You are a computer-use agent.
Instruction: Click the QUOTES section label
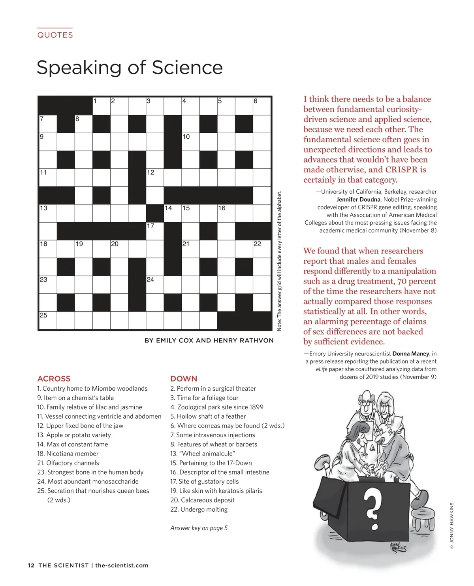coord(55,35)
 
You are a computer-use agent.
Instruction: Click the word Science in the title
coord(187,68)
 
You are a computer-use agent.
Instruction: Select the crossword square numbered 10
coord(190,142)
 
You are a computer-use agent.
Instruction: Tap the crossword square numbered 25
coord(48,320)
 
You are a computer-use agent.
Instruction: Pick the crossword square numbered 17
coord(155,231)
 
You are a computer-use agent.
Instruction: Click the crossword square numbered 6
coord(262,106)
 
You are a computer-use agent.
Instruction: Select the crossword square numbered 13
coord(48,213)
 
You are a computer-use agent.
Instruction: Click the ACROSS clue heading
coord(54,378)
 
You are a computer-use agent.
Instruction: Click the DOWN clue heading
coord(184,378)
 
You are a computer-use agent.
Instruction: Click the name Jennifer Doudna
coord(358,199)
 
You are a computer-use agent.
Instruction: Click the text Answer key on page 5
coord(199,528)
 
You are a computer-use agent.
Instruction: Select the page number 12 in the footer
coord(31,565)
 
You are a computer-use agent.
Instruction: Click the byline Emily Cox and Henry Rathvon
coord(209,340)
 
